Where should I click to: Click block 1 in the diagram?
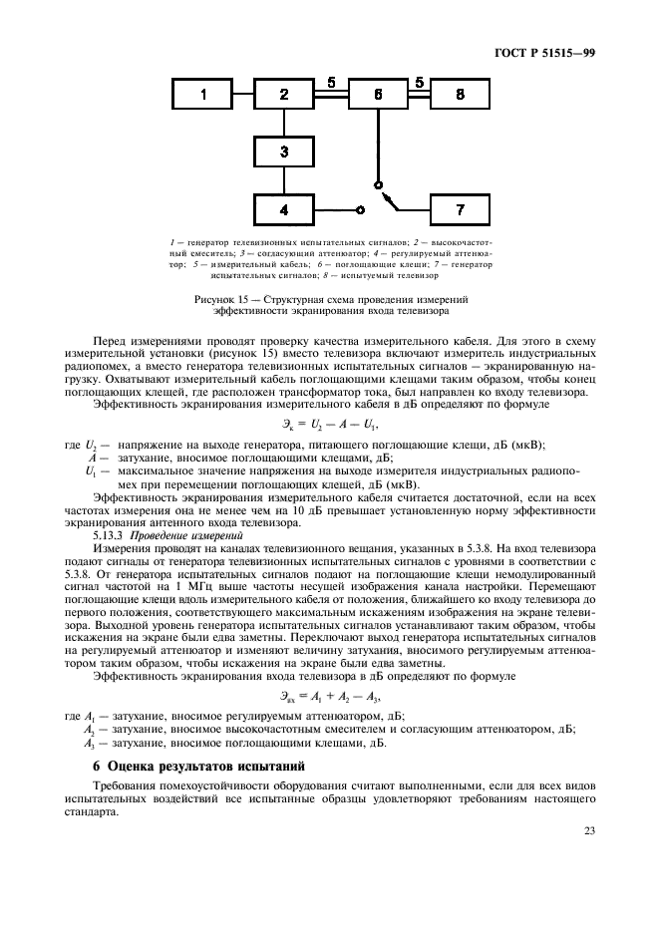point(203,95)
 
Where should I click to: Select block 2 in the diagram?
point(284,95)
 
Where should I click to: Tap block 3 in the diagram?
point(284,152)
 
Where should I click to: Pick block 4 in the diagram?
point(284,210)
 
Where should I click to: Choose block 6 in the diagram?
point(378,95)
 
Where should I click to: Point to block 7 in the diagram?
point(460,210)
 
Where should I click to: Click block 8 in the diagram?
point(460,95)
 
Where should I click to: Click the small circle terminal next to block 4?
point(360,210)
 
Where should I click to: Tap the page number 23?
point(589,829)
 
